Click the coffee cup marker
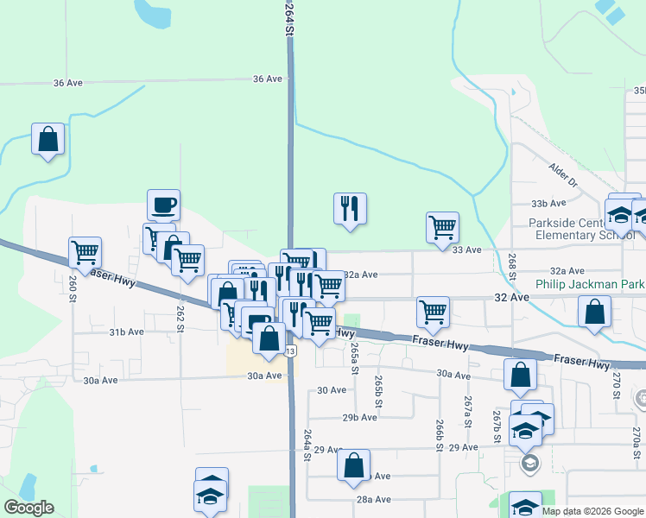click(x=163, y=205)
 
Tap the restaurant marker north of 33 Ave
click(x=350, y=209)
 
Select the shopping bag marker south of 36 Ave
click(x=48, y=140)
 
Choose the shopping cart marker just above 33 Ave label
click(x=442, y=228)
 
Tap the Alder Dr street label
click(x=563, y=173)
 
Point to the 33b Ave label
click(x=548, y=203)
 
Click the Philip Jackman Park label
click(x=590, y=283)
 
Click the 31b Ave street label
click(x=126, y=332)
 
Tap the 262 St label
click(x=180, y=317)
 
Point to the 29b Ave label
click(x=360, y=417)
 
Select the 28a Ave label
click(x=375, y=499)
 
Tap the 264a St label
click(x=306, y=445)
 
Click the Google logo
click(x=28, y=509)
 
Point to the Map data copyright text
click(x=592, y=511)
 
